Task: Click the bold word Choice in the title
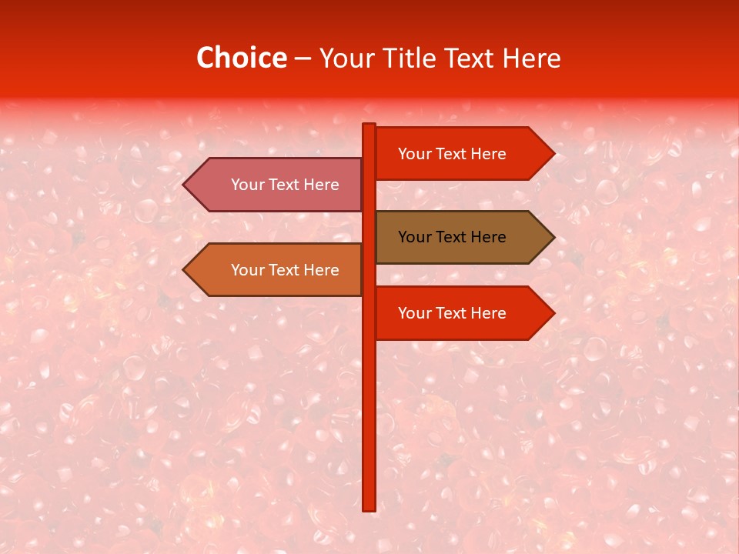(x=241, y=58)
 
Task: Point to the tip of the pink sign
(x=185, y=185)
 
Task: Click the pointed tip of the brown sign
(x=553, y=237)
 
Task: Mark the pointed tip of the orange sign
(x=185, y=270)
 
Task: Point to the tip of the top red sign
(x=553, y=153)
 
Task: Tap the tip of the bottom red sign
(x=553, y=313)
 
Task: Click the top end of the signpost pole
(x=369, y=125)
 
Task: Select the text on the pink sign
(x=285, y=185)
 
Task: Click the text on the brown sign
(x=452, y=237)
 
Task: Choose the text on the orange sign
(x=285, y=270)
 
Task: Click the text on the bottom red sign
(x=452, y=313)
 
